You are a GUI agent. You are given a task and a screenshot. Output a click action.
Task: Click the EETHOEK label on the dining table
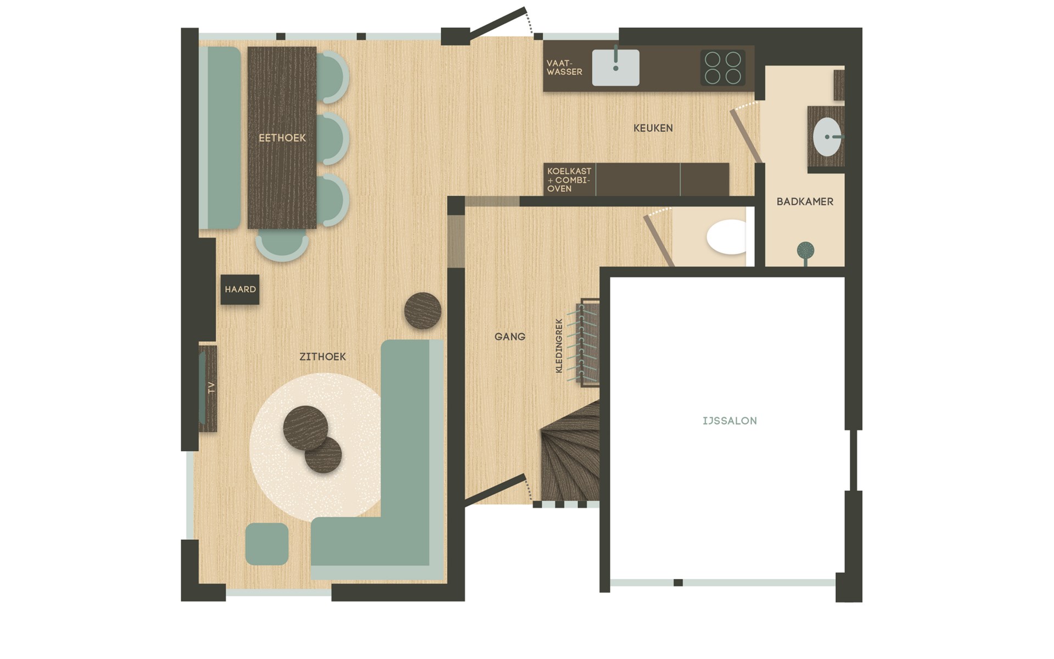282,138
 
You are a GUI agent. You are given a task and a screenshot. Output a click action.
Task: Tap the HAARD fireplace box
240,289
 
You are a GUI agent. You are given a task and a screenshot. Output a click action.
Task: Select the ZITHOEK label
323,357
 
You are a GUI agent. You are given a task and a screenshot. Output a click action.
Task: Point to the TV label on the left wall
211,388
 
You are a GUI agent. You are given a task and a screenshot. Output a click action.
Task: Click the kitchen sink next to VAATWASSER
615,68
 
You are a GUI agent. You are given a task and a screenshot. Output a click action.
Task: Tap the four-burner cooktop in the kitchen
722,68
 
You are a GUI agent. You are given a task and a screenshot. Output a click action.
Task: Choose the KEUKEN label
653,128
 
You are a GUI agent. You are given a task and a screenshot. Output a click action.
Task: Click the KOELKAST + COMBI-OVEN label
569,180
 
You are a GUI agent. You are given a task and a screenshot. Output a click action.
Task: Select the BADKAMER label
805,202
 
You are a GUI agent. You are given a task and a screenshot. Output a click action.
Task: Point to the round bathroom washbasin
827,137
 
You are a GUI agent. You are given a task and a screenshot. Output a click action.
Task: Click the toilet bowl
727,237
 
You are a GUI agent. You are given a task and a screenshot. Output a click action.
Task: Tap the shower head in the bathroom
805,251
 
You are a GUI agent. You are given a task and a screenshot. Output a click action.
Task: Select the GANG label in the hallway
509,337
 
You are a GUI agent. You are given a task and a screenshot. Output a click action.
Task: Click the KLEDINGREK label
559,346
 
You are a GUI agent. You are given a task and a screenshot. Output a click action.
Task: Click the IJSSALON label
730,421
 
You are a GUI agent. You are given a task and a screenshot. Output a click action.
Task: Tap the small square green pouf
267,544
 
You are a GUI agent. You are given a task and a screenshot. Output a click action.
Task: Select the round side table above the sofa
423,311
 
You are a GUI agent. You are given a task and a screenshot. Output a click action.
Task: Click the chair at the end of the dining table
282,244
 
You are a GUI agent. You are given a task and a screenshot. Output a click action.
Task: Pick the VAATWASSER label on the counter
564,68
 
